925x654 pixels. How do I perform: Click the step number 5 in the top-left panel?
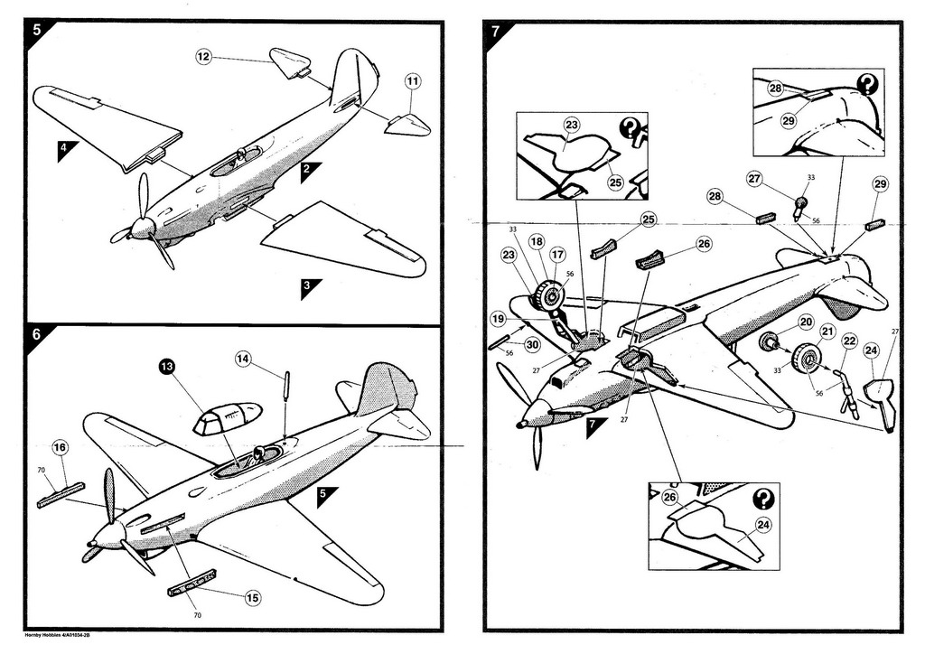tap(37, 30)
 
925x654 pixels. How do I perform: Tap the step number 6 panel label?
tap(37, 334)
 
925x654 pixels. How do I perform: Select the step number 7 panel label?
tap(495, 31)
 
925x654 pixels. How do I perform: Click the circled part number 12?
tap(204, 57)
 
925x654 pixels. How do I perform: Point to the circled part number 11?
tap(412, 81)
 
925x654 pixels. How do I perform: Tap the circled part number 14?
tap(243, 358)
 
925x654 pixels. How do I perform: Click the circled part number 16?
tap(60, 447)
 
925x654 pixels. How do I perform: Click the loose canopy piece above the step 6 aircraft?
tap(226, 418)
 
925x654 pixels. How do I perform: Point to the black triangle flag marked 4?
tap(66, 150)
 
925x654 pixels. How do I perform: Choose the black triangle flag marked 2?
tap(309, 171)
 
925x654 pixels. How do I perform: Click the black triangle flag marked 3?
tap(309, 288)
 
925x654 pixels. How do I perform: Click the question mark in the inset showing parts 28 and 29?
tap(867, 85)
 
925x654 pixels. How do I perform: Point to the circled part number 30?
tap(533, 343)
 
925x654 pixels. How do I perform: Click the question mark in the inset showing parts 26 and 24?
tap(763, 498)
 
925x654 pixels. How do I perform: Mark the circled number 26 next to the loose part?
tap(704, 243)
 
